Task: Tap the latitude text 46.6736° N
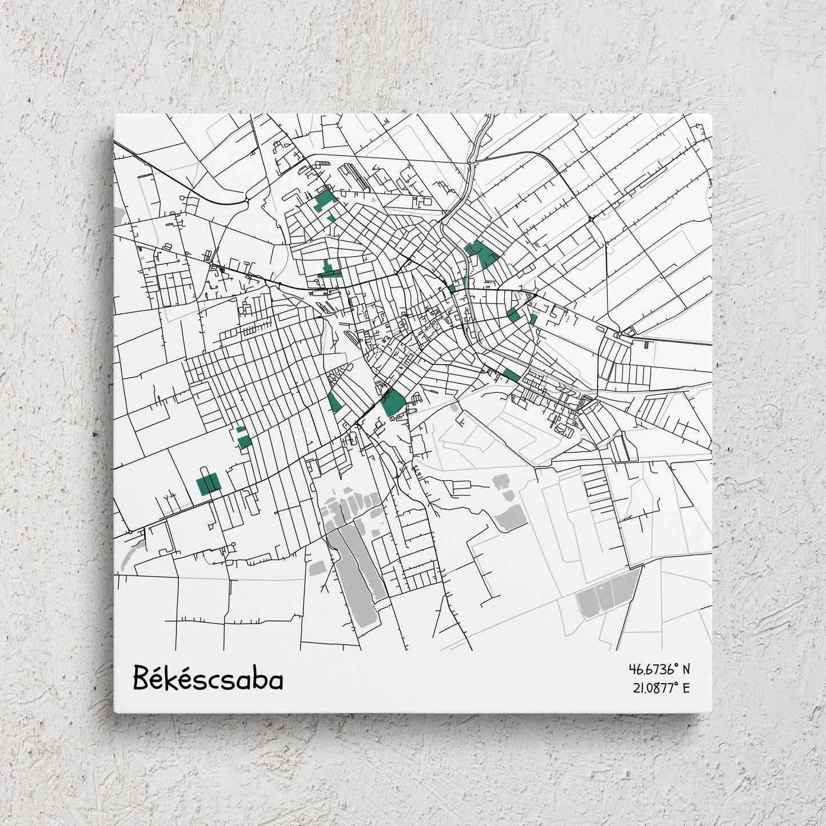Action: [660, 669]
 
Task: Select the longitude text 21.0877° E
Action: [660, 688]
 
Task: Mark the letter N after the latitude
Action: [687, 669]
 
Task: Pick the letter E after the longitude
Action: [687, 688]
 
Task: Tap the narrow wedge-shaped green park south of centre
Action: [335, 402]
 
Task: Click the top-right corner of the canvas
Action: [712, 114]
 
